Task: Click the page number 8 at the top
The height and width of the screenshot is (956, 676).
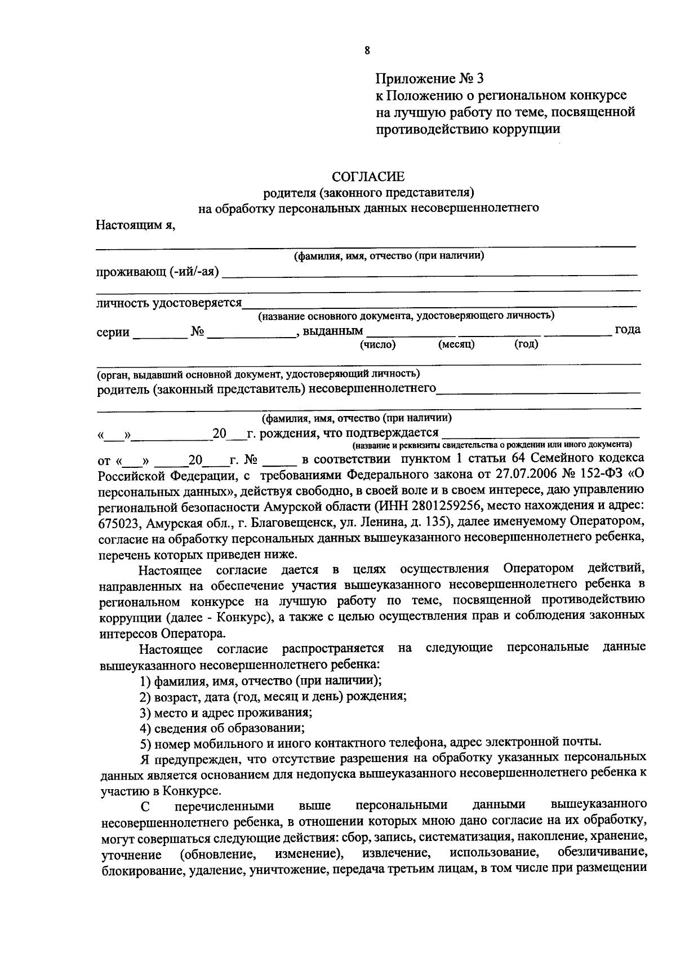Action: click(x=367, y=50)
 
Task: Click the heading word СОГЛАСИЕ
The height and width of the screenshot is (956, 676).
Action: click(x=368, y=177)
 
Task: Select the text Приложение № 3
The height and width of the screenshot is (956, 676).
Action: click(x=430, y=77)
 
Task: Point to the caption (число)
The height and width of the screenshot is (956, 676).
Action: click(x=378, y=344)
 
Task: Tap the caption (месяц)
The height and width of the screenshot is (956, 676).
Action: click(x=456, y=344)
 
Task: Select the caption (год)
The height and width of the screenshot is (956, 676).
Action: click(x=526, y=344)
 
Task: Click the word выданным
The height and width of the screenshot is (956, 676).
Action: click(x=333, y=331)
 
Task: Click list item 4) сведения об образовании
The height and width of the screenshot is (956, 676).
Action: click(x=223, y=727)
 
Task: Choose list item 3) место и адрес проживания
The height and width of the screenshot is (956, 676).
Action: click(x=226, y=711)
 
